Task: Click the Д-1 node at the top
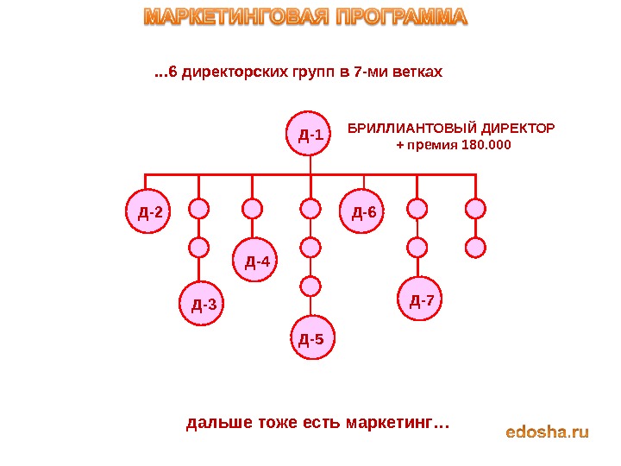310,135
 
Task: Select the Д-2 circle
148,211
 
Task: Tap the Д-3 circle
204,304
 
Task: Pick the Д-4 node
257,261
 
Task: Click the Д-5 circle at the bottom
310,338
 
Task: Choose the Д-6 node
364,211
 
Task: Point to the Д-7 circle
423,300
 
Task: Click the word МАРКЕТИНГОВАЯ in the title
233,17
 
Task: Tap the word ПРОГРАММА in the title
400,17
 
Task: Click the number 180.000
486,145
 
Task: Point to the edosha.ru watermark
547,431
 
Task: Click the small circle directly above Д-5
310,284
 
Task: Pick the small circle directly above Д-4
252,208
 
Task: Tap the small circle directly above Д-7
417,248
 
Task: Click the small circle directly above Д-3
199,248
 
